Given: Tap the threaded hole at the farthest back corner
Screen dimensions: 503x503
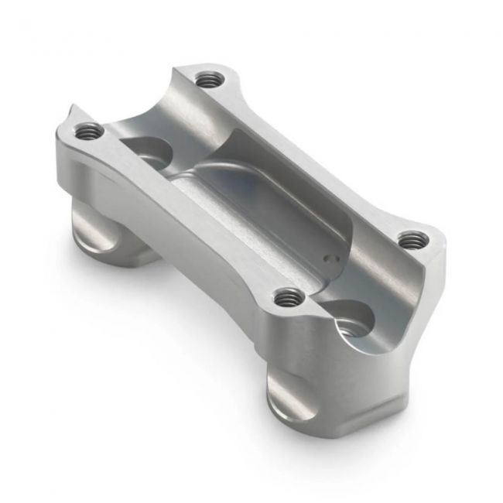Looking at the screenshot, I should [207, 78].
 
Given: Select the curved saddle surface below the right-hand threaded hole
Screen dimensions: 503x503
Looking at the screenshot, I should [387, 286].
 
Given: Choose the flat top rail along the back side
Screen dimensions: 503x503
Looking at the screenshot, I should [310, 155].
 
